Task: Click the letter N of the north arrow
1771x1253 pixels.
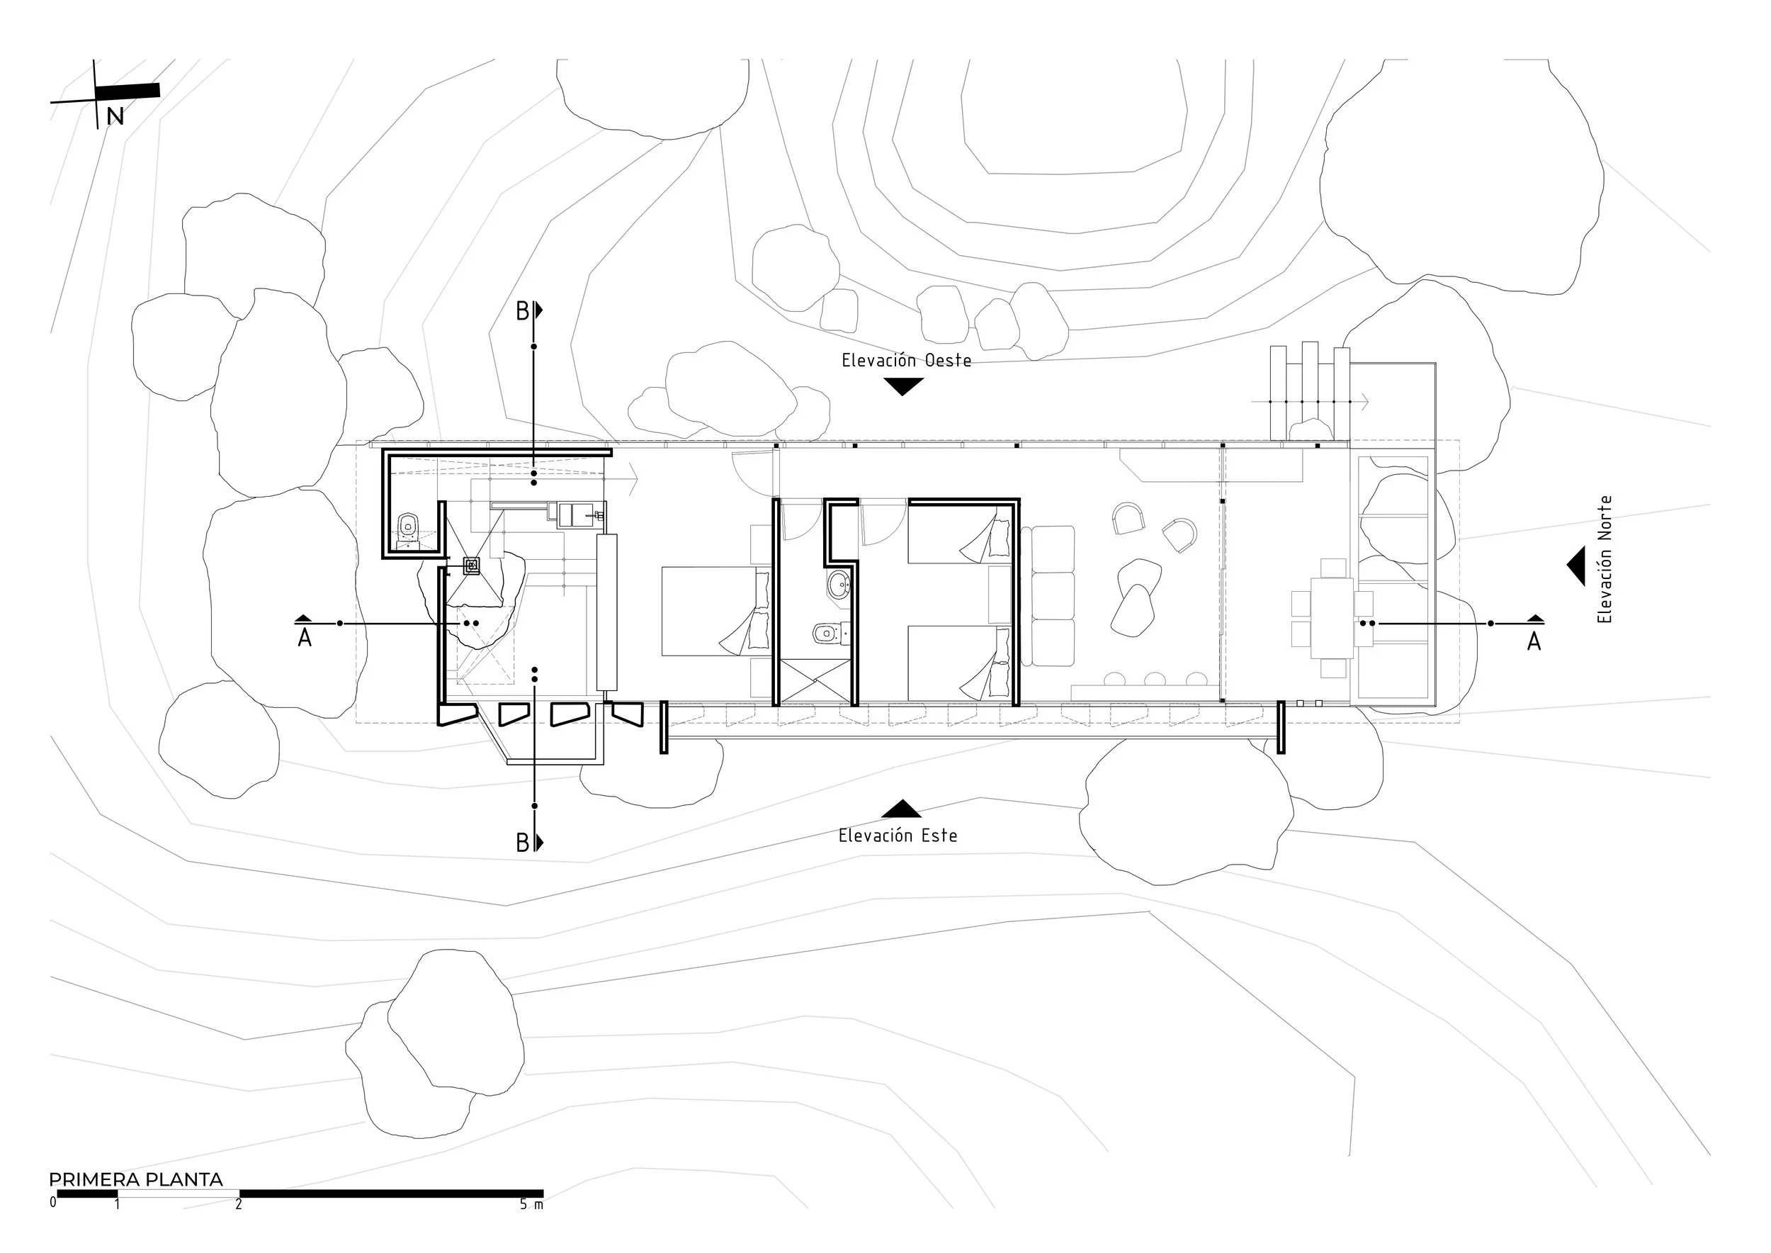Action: pos(115,116)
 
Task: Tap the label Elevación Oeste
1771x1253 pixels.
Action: pos(906,360)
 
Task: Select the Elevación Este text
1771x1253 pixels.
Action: pos(898,836)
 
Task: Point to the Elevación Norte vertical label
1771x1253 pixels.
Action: pos(1605,559)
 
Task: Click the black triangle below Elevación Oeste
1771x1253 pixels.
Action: pos(903,386)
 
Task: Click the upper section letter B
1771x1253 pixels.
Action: pos(522,312)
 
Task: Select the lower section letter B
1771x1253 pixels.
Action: pos(522,843)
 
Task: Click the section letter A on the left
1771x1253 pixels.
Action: pos(305,638)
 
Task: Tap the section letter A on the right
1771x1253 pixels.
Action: pos(1534,641)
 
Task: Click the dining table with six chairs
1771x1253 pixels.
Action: pos(1332,618)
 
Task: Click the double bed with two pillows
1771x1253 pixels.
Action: pos(715,611)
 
